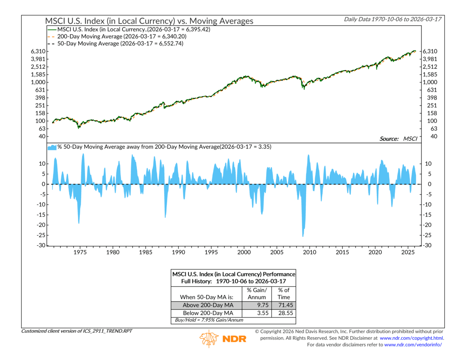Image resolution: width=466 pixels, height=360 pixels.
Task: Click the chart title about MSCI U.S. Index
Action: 149,21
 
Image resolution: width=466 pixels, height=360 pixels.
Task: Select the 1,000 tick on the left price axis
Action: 40,82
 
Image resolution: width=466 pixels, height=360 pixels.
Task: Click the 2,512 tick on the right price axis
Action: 430,67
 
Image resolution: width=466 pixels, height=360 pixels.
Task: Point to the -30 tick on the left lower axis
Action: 41,245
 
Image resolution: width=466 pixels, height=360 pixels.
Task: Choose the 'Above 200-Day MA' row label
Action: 207,305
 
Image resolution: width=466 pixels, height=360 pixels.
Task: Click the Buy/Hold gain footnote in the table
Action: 206,320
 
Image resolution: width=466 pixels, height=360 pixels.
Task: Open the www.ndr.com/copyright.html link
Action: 411,338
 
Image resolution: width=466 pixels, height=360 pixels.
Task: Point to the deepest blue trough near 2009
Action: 303,236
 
